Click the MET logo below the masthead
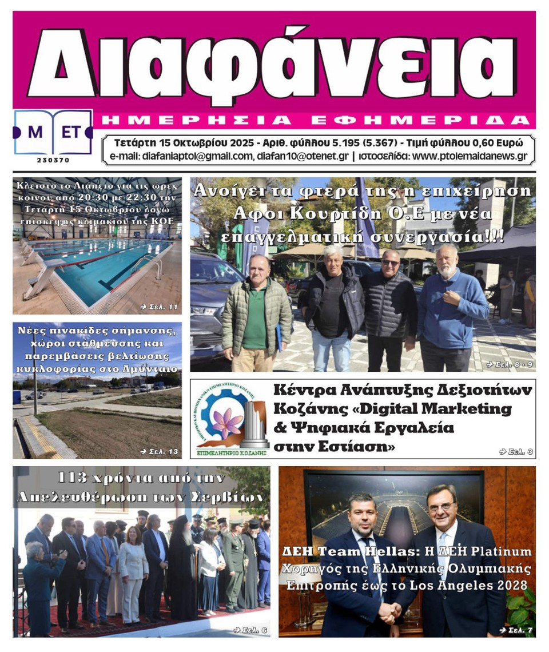pyautogui.click(x=53, y=132)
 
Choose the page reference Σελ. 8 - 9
pyautogui.click(x=509, y=364)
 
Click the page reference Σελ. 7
pyautogui.click(x=514, y=630)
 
